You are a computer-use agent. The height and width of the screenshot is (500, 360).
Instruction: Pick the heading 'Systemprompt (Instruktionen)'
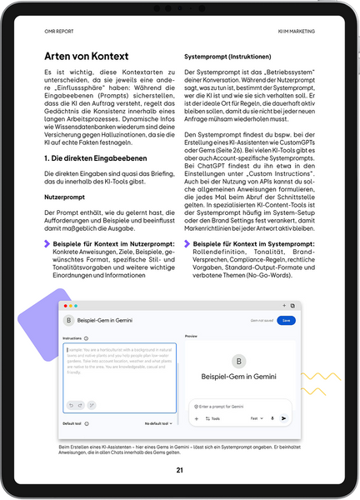233,57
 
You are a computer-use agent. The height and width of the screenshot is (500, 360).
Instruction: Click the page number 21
179,470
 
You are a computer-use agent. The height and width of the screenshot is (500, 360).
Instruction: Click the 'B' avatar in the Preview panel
239,362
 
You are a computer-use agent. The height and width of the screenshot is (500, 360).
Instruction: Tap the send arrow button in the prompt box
284,418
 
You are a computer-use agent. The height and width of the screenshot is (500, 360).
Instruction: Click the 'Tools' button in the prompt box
213,418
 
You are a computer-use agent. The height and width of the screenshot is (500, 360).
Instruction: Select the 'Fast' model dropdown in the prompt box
257,418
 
